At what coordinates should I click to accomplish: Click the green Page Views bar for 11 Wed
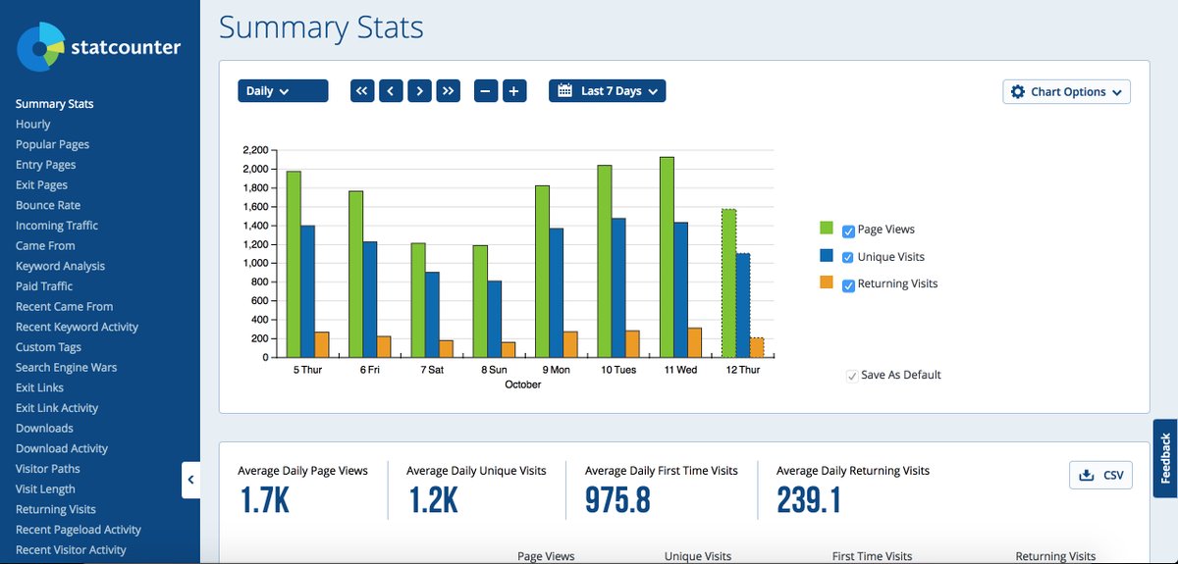(667, 257)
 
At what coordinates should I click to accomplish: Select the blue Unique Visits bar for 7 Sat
(432, 314)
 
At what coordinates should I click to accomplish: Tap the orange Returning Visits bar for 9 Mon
(570, 344)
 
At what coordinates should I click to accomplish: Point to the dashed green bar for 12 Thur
(728, 283)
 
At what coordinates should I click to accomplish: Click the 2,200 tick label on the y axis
(255, 150)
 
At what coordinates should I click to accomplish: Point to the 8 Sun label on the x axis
(494, 370)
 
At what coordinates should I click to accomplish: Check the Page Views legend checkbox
(848, 231)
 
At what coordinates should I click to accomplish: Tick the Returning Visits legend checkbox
(848, 285)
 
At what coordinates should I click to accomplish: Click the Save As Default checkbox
(851, 376)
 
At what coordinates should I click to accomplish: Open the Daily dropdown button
(283, 91)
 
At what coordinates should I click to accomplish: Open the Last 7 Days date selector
(607, 91)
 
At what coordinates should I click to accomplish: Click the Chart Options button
(1066, 92)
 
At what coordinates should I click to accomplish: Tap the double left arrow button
(362, 91)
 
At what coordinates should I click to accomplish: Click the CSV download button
(1100, 475)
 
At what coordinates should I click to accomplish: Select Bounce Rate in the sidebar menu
(48, 205)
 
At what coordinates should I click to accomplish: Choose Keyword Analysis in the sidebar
(60, 266)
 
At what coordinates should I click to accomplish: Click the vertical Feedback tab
(1165, 458)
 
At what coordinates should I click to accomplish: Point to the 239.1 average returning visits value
(808, 499)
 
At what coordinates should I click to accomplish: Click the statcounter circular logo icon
(40, 47)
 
